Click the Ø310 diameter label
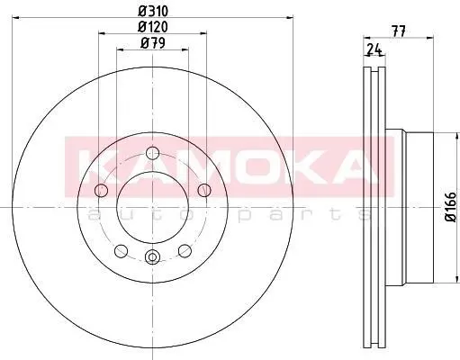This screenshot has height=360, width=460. [153, 12]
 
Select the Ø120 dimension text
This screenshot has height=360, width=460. [153, 27]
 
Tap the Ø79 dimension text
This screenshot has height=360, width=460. [153, 43]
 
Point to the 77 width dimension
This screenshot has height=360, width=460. [399, 31]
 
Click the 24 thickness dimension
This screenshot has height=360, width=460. [374, 49]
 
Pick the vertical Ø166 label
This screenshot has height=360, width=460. [450, 207]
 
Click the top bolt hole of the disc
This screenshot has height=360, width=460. [152, 153]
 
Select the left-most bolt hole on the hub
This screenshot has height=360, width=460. [101, 190]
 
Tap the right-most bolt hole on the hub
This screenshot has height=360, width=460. [204, 190]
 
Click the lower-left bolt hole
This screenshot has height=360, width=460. [122, 251]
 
